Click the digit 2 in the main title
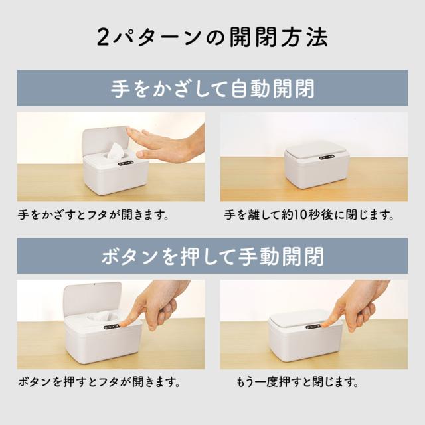coord(104,37)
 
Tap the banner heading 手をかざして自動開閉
coord(212,88)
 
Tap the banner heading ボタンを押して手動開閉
coord(212,256)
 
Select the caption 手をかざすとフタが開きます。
coord(94,215)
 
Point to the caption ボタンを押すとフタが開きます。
coord(99,382)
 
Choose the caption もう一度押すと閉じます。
coord(297,382)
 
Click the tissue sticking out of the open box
coord(116,151)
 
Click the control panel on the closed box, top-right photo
coord(326,157)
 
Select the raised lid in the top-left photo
coord(105,142)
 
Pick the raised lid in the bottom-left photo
coord(92,299)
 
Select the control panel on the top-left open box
coord(126,163)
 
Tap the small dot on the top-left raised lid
coord(107,128)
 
